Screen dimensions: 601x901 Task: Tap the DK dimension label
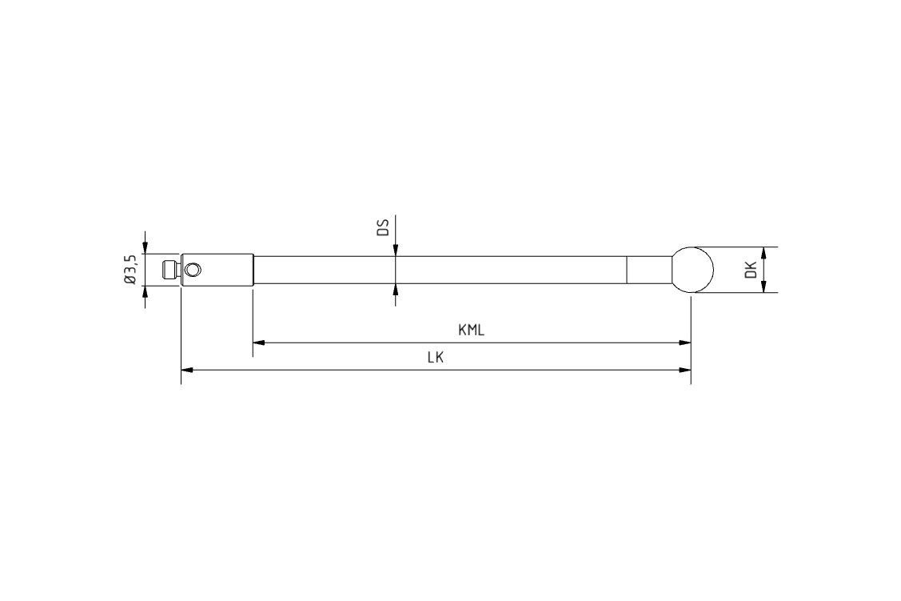click(x=750, y=270)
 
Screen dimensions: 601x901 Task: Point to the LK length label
click(x=435, y=358)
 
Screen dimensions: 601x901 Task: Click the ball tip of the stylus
click(x=692, y=270)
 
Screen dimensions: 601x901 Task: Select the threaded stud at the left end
click(x=169, y=270)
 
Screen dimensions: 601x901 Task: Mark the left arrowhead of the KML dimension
click(x=258, y=343)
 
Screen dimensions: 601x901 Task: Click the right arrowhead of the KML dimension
click(x=685, y=343)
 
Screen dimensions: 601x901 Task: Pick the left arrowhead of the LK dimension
click(x=187, y=370)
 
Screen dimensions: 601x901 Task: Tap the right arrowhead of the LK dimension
click(x=685, y=370)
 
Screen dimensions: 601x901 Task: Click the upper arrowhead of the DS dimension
click(x=395, y=251)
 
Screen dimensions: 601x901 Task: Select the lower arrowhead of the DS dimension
click(x=395, y=289)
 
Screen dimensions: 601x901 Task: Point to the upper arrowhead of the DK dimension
click(x=764, y=252)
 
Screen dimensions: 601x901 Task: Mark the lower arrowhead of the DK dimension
click(x=764, y=287)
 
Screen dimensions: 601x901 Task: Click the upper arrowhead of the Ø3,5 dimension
click(x=145, y=249)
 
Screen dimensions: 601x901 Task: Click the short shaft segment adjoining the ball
click(x=648, y=270)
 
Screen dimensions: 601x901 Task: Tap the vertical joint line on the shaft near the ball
click(x=626, y=270)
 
